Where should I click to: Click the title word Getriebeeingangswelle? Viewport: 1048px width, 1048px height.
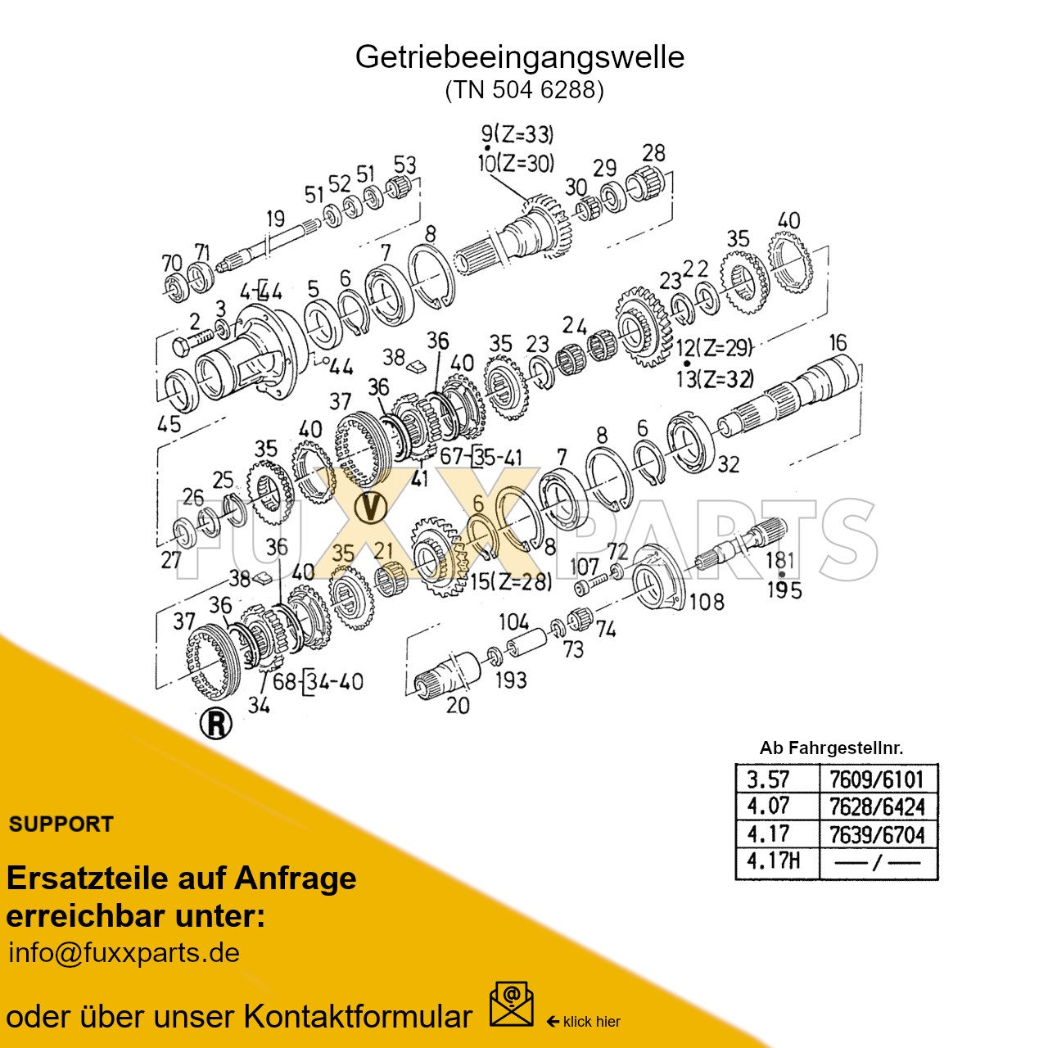click(x=519, y=57)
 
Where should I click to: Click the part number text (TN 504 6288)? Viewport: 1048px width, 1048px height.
click(x=524, y=89)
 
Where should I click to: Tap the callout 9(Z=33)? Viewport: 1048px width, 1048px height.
click(x=517, y=134)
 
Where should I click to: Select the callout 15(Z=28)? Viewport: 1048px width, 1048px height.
click(x=510, y=582)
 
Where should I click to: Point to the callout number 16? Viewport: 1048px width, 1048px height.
click(x=838, y=342)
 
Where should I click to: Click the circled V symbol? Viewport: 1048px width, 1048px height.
click(x=372, y=508)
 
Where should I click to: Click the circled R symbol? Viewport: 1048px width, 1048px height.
click(x=216, y=723)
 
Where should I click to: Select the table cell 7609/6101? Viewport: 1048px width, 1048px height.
click(x=877, y=779)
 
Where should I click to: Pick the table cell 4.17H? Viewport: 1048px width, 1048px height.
click(x=773, y=861)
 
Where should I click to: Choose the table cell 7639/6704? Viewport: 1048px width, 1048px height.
click(x=877, y=834)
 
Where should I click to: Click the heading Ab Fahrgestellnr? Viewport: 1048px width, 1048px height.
click(x=831, y=748)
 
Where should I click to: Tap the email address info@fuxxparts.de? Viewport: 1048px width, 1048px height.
click(x=124, y=953)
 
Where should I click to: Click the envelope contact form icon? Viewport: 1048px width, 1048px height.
click(x=511, y=1005)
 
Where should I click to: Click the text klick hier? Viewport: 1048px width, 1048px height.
click(x=591, y=1022)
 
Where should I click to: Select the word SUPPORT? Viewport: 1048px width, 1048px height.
click(x=61, y=824)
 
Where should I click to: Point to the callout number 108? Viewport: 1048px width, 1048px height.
click(x=707, y=602)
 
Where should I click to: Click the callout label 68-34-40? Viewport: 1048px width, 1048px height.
click(x=318, y=681)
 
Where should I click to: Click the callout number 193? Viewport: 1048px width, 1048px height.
click(x=511, y=680)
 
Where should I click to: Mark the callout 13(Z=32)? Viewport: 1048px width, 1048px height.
click(x=714, y=378)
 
